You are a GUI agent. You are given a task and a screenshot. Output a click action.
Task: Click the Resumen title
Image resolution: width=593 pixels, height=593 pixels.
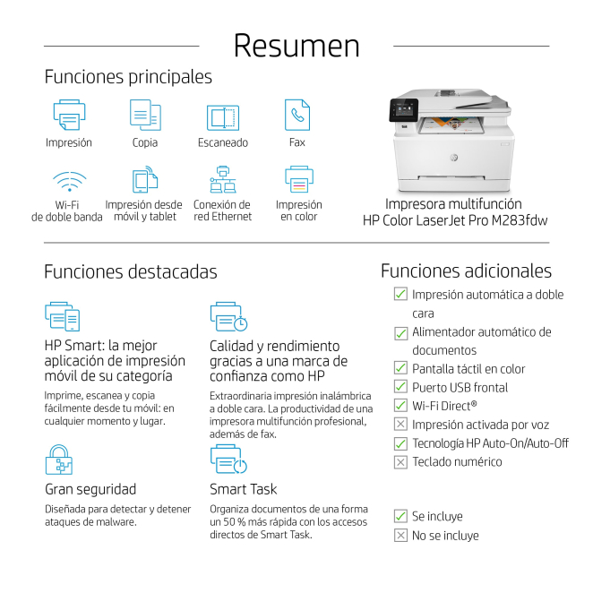coord(296,47)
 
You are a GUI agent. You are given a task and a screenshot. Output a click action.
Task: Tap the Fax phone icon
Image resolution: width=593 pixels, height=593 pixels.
coord(297,115)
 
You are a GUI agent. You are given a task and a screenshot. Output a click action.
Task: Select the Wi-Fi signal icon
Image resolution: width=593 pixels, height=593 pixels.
coord(70,182)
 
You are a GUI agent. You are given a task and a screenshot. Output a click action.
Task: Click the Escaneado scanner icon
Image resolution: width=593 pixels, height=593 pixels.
coord(223,117)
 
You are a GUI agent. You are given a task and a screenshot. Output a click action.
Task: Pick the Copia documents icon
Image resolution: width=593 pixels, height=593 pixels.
coord(145,115)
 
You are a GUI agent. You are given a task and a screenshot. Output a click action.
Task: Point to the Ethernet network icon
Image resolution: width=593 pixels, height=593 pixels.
coord(223,179)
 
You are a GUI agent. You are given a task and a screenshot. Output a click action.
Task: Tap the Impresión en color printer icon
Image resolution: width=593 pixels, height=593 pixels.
coord(299,179)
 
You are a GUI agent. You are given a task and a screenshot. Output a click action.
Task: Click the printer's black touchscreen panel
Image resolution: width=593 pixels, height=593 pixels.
coord(403,110)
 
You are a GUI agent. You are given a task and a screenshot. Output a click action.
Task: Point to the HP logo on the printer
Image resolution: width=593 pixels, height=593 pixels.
coord(454,158)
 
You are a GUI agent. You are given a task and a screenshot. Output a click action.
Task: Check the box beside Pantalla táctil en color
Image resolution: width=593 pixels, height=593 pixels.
coord(400,368)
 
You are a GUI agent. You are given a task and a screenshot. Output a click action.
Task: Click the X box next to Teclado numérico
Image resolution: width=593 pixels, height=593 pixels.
coord(400,461)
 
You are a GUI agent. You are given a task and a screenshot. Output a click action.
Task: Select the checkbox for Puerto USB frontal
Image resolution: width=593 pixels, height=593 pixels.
coord(400,387)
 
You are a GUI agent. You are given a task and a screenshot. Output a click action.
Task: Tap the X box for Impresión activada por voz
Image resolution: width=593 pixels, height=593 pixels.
coord(400,424)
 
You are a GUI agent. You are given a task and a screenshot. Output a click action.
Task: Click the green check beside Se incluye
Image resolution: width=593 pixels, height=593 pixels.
coord(400,516)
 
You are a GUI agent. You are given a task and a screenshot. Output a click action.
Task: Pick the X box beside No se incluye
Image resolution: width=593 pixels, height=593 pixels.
coord(400,535)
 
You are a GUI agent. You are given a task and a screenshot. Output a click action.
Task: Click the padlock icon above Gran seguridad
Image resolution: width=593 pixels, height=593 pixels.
coord(59,460)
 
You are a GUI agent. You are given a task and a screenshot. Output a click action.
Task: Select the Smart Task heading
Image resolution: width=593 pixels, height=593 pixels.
coord(243,489)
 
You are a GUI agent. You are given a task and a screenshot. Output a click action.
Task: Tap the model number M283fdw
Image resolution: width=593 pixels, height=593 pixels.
coord(520,220)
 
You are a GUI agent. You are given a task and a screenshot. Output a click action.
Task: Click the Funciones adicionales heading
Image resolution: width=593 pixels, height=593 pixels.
coord(466,271)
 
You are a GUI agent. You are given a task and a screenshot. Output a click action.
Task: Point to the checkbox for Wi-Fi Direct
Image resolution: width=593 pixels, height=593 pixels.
coord(400,406)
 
